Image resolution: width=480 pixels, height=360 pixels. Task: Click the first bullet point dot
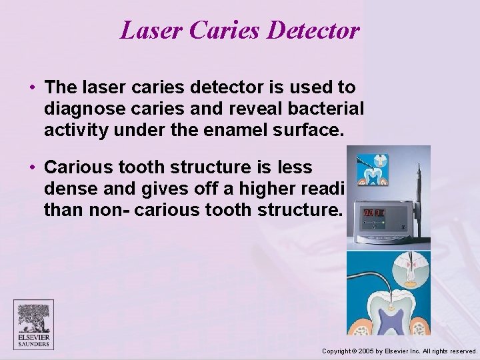coord(32,87)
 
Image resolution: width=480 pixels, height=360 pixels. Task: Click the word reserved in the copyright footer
coord(462,351)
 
